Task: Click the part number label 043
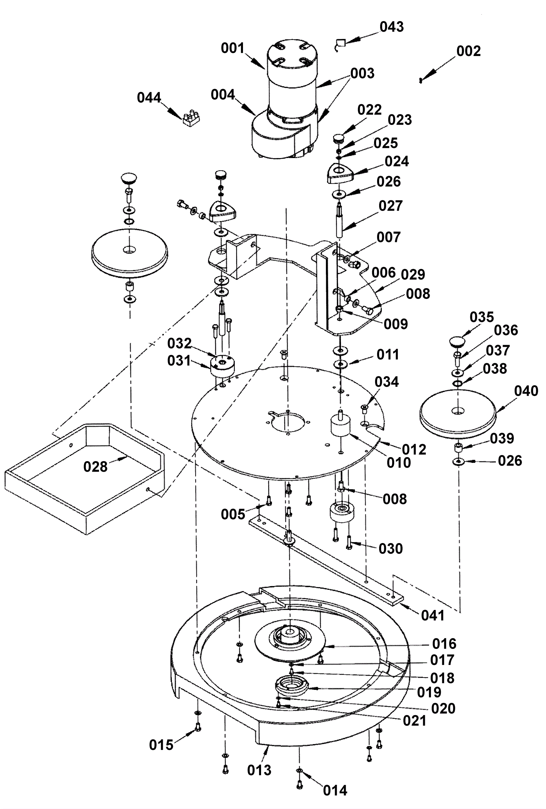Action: pyautogui.click(x=391, y=27)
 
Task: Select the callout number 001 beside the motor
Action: pyautogui.click(x=233, y=48)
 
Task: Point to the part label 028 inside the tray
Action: pyautogui.click(x=95, y=467)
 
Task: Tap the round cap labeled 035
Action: pyautogui.click(x=457, y=341)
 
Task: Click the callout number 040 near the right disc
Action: pyautogui.click(x=526, y=391)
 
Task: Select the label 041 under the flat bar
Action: pyautogui.click(x=433, y=615)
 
